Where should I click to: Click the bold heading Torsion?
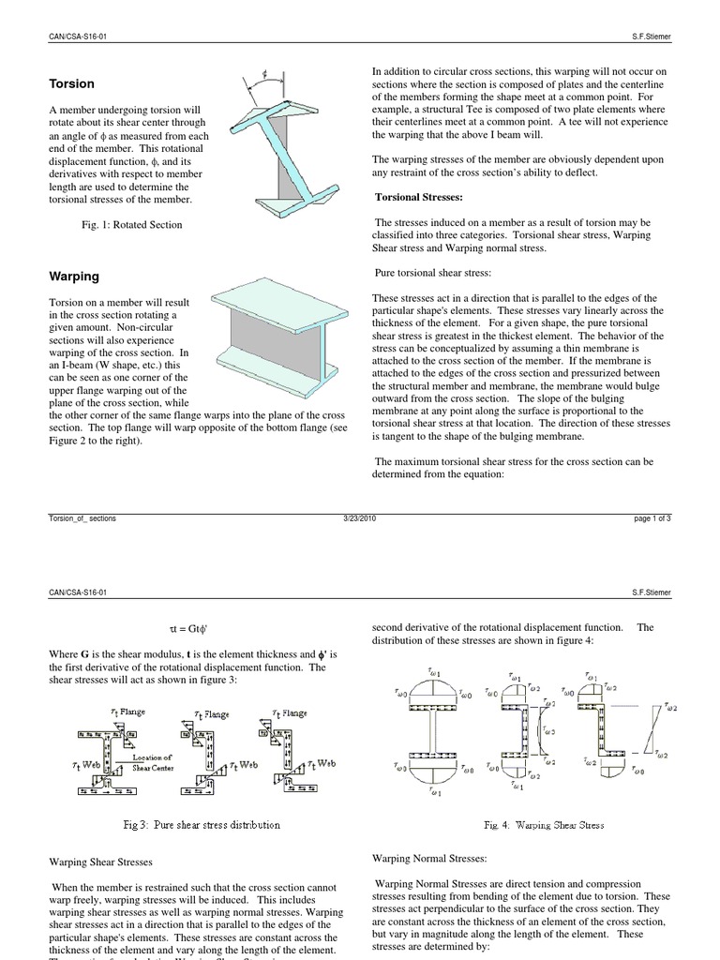[71, 83]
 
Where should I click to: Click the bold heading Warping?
[74, 277]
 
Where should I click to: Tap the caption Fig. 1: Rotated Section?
[131, 225]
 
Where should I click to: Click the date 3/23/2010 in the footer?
[360, 517]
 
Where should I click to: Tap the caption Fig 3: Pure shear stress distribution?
[202, 825]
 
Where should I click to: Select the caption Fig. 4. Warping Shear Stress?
[544, 825]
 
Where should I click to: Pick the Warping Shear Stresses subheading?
[100, 862]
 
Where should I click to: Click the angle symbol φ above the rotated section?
[265, 70]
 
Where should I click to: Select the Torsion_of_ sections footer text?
[82, 517]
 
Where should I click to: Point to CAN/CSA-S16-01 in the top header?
[83, 36]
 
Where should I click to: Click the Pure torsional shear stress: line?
[432, 272]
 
